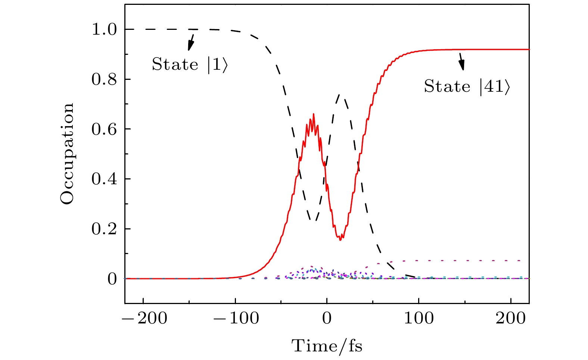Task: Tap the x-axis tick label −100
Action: (235, 319)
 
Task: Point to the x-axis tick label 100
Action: (419, 319)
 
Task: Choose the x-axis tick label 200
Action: (511, 319)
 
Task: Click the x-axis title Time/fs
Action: (327, 346)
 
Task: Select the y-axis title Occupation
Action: (67, 154)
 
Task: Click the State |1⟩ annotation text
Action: (189, 65)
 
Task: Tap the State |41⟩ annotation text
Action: (467, 87)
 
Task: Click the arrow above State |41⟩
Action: (462, 61)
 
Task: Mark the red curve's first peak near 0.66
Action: (313, 114)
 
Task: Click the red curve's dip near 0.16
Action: (340, 240)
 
